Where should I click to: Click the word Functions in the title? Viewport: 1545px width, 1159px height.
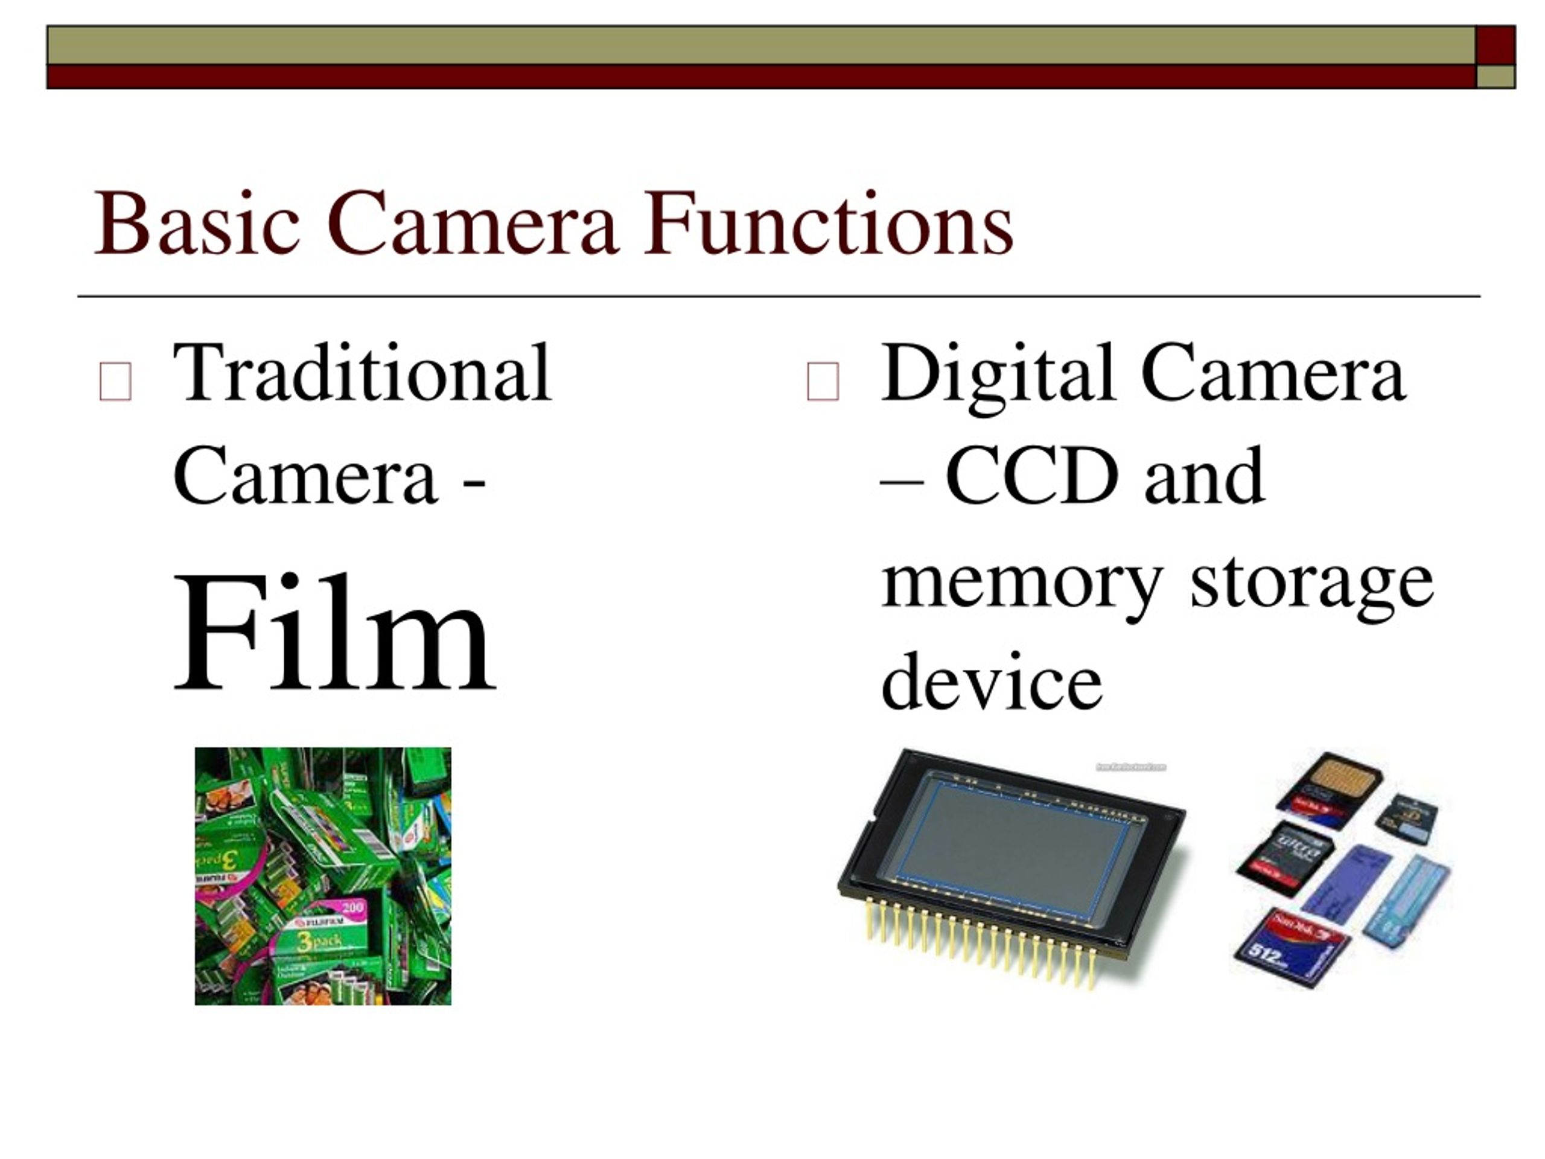point(829,223)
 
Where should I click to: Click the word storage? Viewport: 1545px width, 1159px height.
point(1311,583)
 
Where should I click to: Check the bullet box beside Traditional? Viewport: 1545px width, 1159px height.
point(115,382)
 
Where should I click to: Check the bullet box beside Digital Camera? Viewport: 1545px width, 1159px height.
point(823,382)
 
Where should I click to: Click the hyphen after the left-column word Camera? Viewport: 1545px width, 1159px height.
point(474,484)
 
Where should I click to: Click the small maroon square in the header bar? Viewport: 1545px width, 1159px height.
point(1496,45)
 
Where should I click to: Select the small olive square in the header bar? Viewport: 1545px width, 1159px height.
point(1496,76)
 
